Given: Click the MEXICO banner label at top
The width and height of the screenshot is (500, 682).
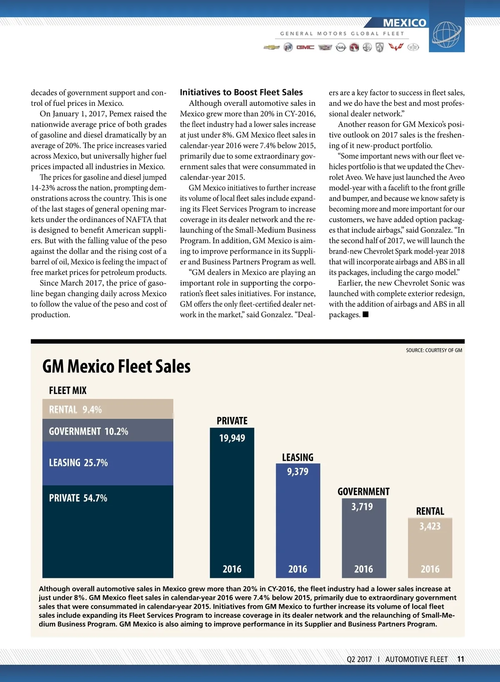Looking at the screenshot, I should pos(404,23).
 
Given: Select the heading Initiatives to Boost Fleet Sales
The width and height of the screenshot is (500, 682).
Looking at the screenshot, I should pos(241,92).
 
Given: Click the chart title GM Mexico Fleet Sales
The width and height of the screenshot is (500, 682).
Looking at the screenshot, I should pos(117,366).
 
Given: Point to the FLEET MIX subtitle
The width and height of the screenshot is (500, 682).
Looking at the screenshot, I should pos(68,391).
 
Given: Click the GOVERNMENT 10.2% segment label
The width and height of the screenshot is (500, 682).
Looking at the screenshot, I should pos(88,431).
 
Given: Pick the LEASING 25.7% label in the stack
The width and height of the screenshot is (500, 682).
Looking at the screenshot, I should pos(78,463).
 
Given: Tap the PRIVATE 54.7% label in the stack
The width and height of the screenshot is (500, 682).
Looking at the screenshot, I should pos(78,498).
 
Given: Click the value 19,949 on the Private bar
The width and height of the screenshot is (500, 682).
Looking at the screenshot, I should pos(232,438).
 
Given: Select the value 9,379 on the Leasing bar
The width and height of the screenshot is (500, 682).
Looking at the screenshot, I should pos(297,472).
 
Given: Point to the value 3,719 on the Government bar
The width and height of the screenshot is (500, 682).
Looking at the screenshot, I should pos(362,507).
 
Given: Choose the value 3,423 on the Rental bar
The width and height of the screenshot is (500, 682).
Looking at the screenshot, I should pos(430,526).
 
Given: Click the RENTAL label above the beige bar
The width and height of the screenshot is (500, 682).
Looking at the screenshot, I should pos(430,511).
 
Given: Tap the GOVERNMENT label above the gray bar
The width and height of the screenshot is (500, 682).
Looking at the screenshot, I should pos(363,492).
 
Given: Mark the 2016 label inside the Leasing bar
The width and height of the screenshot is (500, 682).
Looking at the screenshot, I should pos(297,569).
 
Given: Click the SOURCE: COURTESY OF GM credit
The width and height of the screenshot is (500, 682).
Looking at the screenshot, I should pos(434,351).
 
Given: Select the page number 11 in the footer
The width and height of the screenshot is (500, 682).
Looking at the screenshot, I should pos(460,659).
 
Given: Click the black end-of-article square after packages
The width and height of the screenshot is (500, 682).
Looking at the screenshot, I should pos(365,314).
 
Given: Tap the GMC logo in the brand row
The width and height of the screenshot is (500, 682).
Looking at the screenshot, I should pos(305,47).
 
